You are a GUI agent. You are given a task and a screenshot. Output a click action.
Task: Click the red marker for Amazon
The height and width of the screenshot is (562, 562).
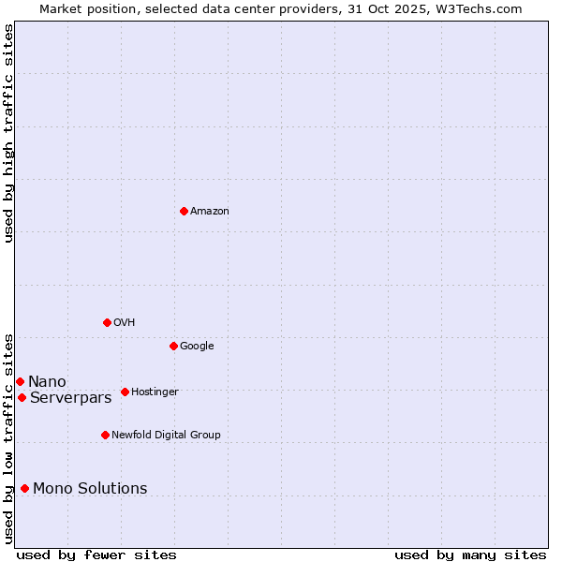tap(184, 211)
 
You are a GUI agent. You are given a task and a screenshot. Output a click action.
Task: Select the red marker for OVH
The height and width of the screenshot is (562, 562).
tap(107, 322)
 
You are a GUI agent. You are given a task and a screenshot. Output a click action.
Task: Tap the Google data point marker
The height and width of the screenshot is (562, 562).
tap(173, 346)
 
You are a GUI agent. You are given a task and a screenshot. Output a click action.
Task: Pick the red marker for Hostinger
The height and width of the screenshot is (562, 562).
tap(125, 392)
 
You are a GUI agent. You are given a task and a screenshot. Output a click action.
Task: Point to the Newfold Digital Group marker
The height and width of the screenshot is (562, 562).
tap(105, 435)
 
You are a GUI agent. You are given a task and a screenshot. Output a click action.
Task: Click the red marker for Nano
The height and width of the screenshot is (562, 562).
tap(20, 381)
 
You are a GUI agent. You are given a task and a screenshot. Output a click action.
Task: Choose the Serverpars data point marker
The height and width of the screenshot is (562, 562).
tap(22, 397)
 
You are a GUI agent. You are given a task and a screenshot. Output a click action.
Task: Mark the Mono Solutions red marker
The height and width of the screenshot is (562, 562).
tap(24, 488)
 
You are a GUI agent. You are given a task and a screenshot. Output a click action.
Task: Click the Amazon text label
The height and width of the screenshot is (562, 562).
tap(210, 212)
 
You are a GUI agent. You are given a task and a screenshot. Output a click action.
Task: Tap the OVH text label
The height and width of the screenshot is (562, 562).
tap(125, 323)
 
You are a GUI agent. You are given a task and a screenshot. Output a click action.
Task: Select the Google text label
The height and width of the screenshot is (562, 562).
tap(197, 347)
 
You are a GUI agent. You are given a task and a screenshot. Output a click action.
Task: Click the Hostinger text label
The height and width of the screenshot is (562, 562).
tap(155, 392)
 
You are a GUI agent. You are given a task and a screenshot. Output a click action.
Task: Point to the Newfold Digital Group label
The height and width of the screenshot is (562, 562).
tap(166, 436)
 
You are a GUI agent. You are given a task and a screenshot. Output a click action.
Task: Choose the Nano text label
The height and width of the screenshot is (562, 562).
tap(47, 382)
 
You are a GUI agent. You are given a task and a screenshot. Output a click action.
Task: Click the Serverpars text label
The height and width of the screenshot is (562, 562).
tap(70, 398)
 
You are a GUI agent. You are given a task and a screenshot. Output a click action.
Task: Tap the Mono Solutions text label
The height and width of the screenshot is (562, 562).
tap(90, 489)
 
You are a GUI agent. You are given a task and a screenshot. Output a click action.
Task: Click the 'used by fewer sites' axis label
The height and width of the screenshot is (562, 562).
tap(96, 555)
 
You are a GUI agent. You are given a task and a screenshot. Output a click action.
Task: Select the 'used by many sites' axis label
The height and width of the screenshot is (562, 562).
tap(470, 555)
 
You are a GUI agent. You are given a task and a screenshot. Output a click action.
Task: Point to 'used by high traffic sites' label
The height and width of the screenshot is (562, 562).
tap(9, 133)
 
